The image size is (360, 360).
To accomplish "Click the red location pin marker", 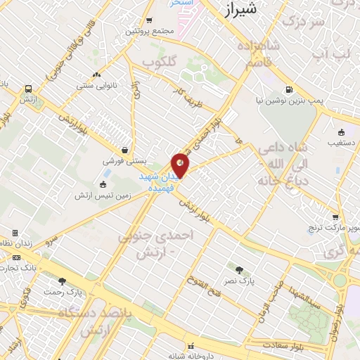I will pos(181,165).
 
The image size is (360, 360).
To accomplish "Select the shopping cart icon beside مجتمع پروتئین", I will pos(149,20).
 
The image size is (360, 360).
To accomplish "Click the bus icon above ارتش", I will pos(28,89).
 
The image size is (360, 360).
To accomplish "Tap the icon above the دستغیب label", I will pos(342,131).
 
